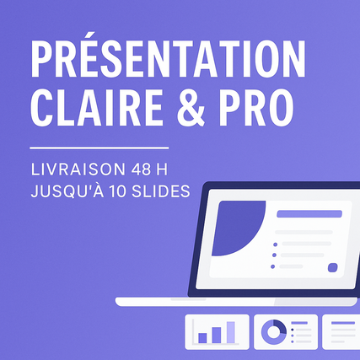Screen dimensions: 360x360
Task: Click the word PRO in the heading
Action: pyautogui.click(x=256, y=108)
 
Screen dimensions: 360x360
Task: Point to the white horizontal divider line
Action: pyautogui.click(x=99, y=148)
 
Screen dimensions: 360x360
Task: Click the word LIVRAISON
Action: pyautogui.click(x=78, y=169)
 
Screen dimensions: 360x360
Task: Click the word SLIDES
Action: pyautogui.click(x=161, y=191)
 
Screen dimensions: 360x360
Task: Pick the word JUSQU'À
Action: pyautogui.click(x=67, y=191)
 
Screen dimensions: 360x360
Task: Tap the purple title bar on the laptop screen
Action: pyautogui.click(x=309, y=214)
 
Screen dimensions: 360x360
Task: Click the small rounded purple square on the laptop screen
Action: pyautogui.click(x=333, y=267)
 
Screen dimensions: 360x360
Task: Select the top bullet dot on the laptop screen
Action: pyautogui.click(x=275, y=244)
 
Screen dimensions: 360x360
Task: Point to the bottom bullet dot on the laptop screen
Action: pyautogui.click(x=272, y=266)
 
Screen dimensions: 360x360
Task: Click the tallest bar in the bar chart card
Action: pyautogui.click(x=231, y=332)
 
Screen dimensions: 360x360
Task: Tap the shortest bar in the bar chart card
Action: pyautogui.click(x=202, y=338)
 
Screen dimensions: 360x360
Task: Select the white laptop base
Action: pyautogui.click(x=236, y=302)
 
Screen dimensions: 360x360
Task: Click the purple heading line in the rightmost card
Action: pyautogui.click(x=343, y=323)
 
